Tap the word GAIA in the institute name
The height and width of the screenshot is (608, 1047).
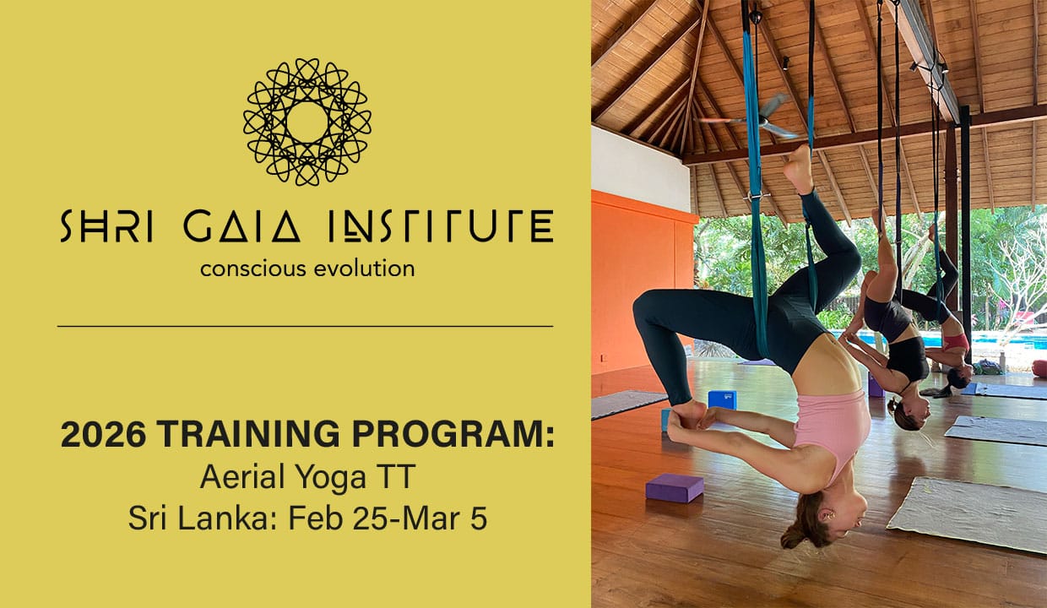[x=241, y=226]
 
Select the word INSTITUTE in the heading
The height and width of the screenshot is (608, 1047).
[x=442, y=226]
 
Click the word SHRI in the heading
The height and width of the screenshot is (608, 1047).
[x=107, y=226]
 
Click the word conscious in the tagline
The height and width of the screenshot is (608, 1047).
[x=252, y=269]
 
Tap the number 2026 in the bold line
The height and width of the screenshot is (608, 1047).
[x=103, y=434]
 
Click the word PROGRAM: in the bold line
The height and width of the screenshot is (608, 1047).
[x=453, y=434]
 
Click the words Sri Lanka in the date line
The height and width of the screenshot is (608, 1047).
[x=198, y=518]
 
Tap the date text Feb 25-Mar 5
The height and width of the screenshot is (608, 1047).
[x=388, y=518]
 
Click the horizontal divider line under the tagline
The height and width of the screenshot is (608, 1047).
[x=305, y=326]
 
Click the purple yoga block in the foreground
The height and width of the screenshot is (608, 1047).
[x=675, y=488]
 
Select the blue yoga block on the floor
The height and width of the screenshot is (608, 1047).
[x=722, y=400]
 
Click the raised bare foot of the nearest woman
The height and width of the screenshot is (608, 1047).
[x=800, y=171]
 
